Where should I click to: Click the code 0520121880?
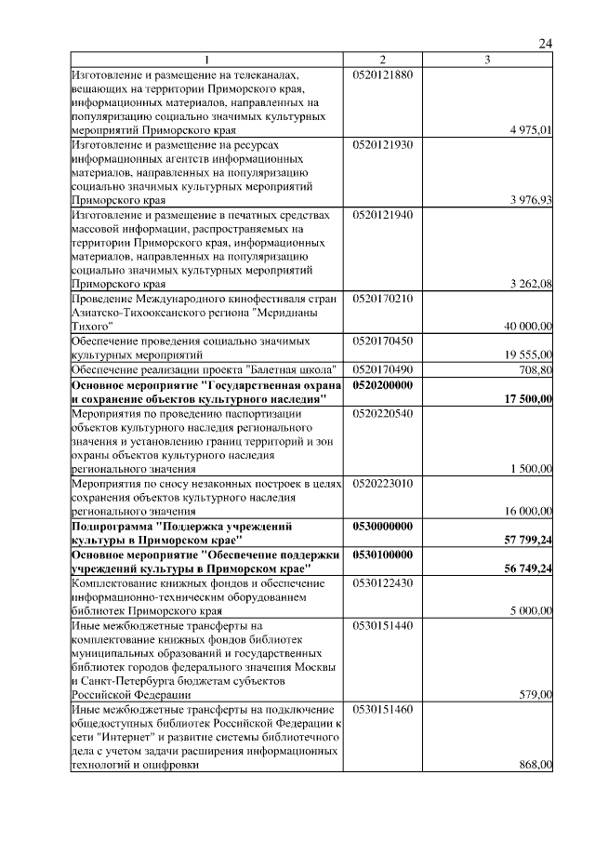point(382,74)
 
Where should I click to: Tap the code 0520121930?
point(382,145)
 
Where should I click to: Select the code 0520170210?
point(382,299)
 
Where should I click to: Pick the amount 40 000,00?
point(528,327)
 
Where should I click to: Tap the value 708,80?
point(536,370)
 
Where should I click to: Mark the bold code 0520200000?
point(382,384)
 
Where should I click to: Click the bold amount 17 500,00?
point(528,398)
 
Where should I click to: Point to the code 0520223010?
point(382,483)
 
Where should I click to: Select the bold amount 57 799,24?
point(528,540)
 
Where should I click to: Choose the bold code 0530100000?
point(382,554)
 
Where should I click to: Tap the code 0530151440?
point(382,625)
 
